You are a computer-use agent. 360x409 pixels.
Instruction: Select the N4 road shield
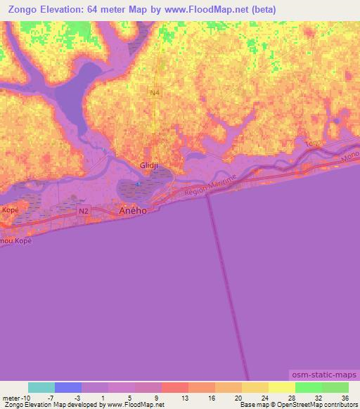coord(155,91)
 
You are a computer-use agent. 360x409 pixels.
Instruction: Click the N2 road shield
coord(84,210)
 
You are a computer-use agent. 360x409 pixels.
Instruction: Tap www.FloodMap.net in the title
coord(207,10)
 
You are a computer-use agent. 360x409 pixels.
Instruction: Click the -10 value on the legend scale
coord(21,398)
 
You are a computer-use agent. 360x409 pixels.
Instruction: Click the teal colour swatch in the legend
coord(41,387)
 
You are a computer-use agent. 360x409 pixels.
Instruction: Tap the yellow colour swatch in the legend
coord(281,387)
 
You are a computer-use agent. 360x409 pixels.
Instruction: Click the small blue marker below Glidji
coord(139,185)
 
